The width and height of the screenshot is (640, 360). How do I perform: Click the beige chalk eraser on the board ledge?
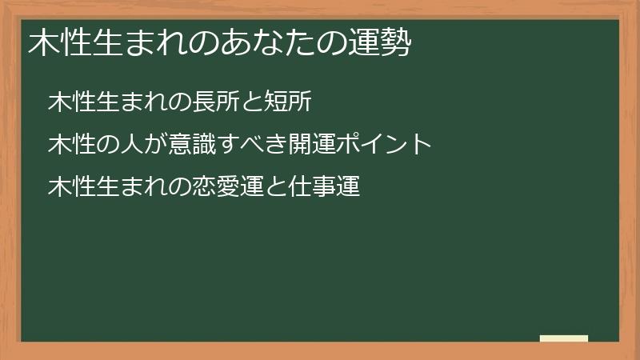[564, 338]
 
